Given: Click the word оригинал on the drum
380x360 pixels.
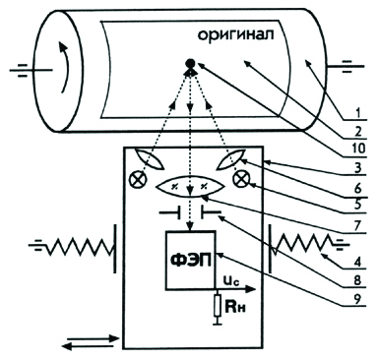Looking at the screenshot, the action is point(235,35).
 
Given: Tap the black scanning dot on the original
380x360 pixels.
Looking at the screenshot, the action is point(190,63).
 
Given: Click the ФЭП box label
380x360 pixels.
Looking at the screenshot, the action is point(192,260).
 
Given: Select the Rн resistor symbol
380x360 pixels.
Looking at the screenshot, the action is point(217,306).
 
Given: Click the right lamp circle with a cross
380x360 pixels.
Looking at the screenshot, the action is point(241,179).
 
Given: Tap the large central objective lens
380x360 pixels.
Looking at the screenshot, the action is point(190,188).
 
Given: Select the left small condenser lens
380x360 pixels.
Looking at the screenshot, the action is point(150,159).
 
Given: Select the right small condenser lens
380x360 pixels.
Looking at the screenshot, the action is point(230,159).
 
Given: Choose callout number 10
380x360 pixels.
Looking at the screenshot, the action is point(357,149).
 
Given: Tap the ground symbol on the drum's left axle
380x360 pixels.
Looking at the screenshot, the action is point(23,70).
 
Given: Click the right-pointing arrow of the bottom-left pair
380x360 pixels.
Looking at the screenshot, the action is point(93,338).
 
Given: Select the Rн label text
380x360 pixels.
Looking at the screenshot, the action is point(234,307).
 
